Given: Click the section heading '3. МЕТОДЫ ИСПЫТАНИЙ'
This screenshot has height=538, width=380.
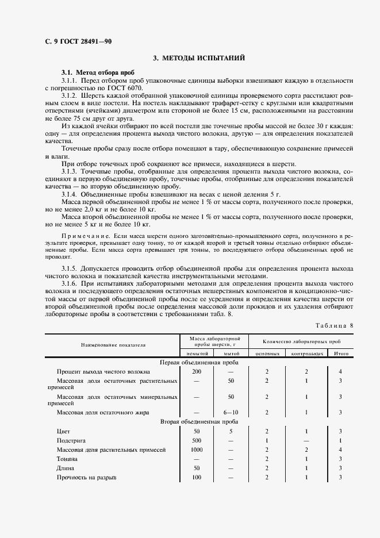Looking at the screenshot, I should (x=199, y=58).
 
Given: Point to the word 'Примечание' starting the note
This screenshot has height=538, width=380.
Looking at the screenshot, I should (x=80, y=236).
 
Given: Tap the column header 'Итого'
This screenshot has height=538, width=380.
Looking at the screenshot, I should (x=341, y=353).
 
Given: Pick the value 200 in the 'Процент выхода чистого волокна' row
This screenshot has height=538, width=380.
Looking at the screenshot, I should (x=197, y=372).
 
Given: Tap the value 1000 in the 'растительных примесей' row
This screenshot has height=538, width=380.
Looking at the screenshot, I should (x=197, y=450).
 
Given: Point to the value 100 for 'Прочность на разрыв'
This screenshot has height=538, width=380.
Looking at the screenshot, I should (x=197, y=478).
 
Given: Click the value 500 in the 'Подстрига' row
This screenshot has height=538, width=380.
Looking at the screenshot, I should (x=197, y=440).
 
